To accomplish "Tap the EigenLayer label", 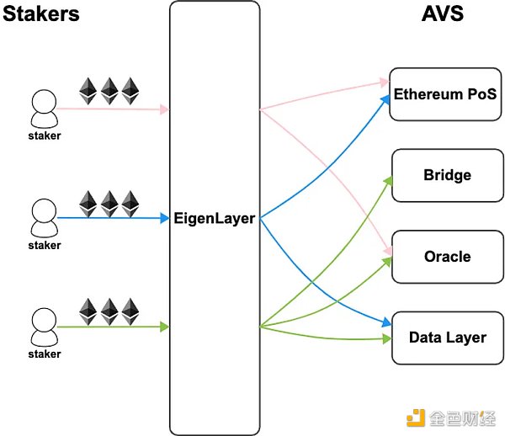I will coord(214,219).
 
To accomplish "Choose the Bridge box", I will coord(447,176).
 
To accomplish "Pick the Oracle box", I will coord(447,257).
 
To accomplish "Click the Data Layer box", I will coord(447,338).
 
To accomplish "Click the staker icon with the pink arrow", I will coord(44,109).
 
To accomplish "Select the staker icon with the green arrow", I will coord(44,326).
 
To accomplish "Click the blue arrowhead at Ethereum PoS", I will coord(386,98).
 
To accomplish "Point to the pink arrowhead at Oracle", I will coord(388,251).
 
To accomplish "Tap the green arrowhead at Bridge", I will coord(389,179).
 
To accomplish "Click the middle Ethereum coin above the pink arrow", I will coord(109,90).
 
